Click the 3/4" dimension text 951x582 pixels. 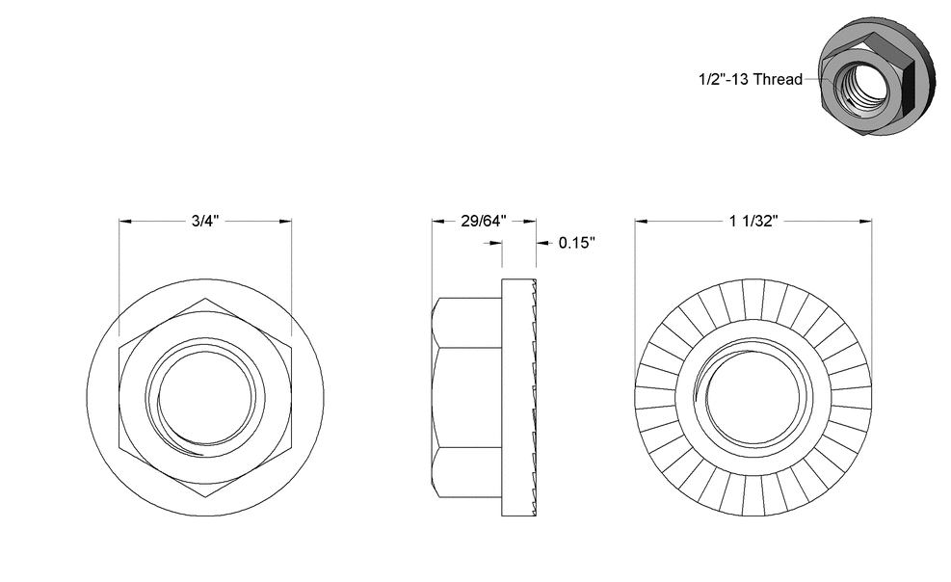coord(205,221)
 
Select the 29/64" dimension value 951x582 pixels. coord(483,221)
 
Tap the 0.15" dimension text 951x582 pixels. coord(577,242)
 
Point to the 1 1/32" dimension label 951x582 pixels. coord(753,221)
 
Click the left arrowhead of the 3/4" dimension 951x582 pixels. coord(123,221)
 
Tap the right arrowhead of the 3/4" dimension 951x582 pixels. coord(286,221)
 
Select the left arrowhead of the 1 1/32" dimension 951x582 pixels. coord(640,221)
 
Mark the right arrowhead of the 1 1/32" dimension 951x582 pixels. coord(867,221)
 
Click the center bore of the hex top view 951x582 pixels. coord(205,398)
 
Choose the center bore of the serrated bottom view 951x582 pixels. coord(753,398)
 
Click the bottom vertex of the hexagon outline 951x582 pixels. coord(205,496)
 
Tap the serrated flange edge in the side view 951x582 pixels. coord(533,398)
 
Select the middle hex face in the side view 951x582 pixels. coord(467,398)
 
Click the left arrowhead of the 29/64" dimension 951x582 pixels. coord(436,221)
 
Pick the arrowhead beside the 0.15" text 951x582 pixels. coord(541,242)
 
